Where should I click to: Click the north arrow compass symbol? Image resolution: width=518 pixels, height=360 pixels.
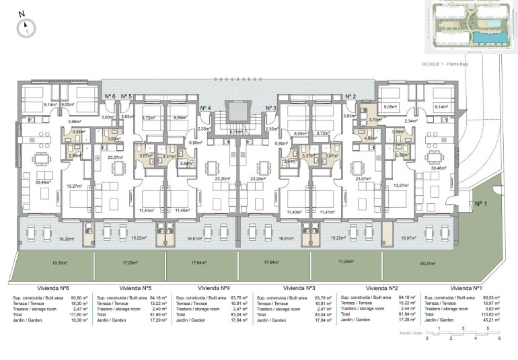26,26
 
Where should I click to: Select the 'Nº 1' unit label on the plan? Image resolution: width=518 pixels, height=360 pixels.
480,203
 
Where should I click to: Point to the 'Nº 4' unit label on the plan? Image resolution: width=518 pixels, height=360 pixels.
205,108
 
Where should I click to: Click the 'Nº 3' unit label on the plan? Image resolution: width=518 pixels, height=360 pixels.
270,108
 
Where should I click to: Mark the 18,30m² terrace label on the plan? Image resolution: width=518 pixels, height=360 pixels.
66,238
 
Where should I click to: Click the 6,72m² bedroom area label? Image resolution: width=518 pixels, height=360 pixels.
149,117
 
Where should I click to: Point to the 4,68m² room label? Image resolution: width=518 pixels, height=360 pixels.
370,138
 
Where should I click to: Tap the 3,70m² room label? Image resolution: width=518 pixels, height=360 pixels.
375,120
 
